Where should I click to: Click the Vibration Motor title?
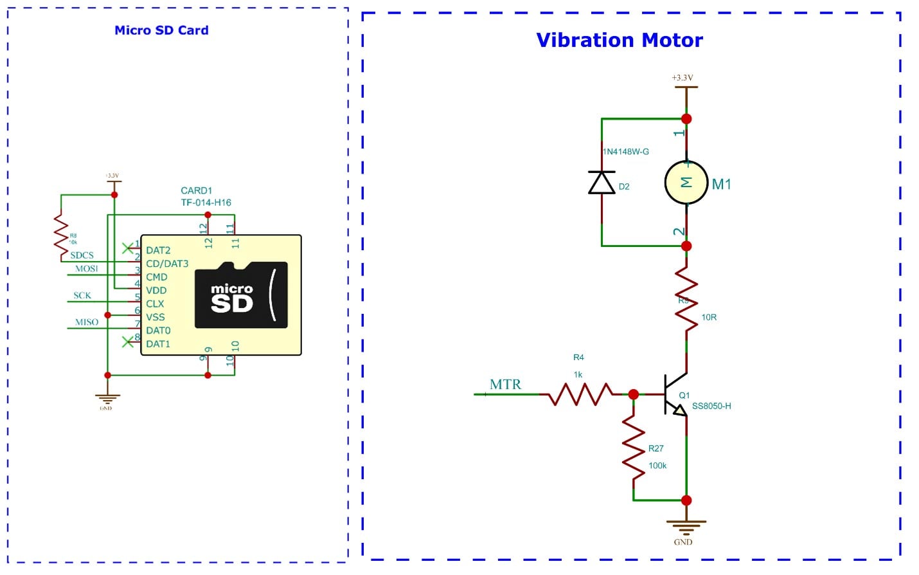(619, 41)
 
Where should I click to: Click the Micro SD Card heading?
(161, 30)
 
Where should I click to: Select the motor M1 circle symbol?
(686, 183)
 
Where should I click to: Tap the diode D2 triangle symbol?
(602, 183)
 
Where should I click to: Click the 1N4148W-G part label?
(626, 152)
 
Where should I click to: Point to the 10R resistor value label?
(709, 317)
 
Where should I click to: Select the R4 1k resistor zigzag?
(580, 394)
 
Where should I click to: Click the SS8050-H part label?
(711, 406)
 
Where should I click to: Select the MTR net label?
(505, 385)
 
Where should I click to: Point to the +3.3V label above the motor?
(683, 78)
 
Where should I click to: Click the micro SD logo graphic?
(241, 295)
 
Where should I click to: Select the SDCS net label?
(82, 255)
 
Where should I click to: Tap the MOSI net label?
(87, 269)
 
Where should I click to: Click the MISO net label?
(87, 322)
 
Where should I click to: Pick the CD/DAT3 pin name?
(167, 264)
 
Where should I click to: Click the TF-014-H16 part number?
(206, 203)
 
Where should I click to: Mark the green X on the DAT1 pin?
(128, 342)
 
